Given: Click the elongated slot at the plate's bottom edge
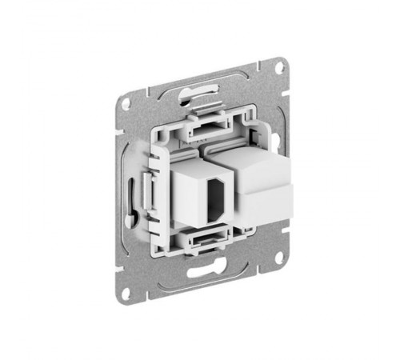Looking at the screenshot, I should [x=202, y=271].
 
